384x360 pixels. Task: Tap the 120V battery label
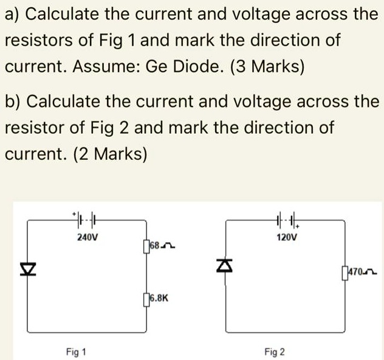point(286,238)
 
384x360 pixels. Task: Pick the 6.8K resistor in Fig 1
point(146,299)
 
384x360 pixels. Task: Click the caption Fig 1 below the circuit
point(77,351)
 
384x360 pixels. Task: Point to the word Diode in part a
point(202,66)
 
